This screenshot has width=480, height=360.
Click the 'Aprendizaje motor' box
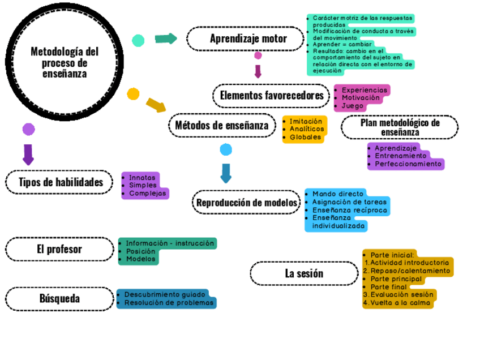point(248,38)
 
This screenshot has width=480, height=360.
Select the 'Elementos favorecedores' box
point(271,95)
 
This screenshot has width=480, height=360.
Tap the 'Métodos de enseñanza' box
point(221,125)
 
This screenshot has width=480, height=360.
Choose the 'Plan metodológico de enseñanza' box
point(400,127)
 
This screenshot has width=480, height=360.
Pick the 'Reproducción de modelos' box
point(246,202)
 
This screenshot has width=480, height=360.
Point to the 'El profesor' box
point(59,249)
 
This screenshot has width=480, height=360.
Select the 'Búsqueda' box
point(59,298)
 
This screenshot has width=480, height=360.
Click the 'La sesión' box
point(304,273)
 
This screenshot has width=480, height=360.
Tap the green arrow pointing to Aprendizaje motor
point(166,38)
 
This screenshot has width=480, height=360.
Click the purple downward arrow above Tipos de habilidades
point(28,154)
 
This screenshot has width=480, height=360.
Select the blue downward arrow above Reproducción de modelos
point(226,173)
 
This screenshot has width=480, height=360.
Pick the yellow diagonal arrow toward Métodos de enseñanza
point(156,105)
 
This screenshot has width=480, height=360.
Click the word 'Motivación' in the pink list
point(361,98)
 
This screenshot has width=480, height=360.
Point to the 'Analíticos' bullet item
point(307,129)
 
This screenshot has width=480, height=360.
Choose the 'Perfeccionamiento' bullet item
point(408,164)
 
